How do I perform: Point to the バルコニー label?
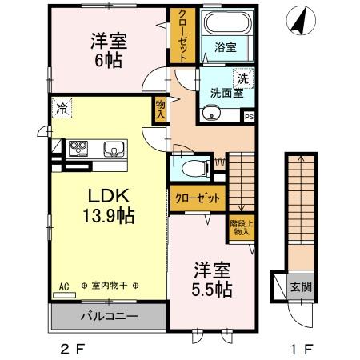tap(109, 316)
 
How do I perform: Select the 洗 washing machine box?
tap(242, 78)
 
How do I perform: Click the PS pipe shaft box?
tap(249, 117)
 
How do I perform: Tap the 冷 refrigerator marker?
tap(61, 104)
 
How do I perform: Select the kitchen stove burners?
tap(80, 146)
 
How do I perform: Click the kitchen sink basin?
tap(113, 147)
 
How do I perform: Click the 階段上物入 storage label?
tap(240, 228)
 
